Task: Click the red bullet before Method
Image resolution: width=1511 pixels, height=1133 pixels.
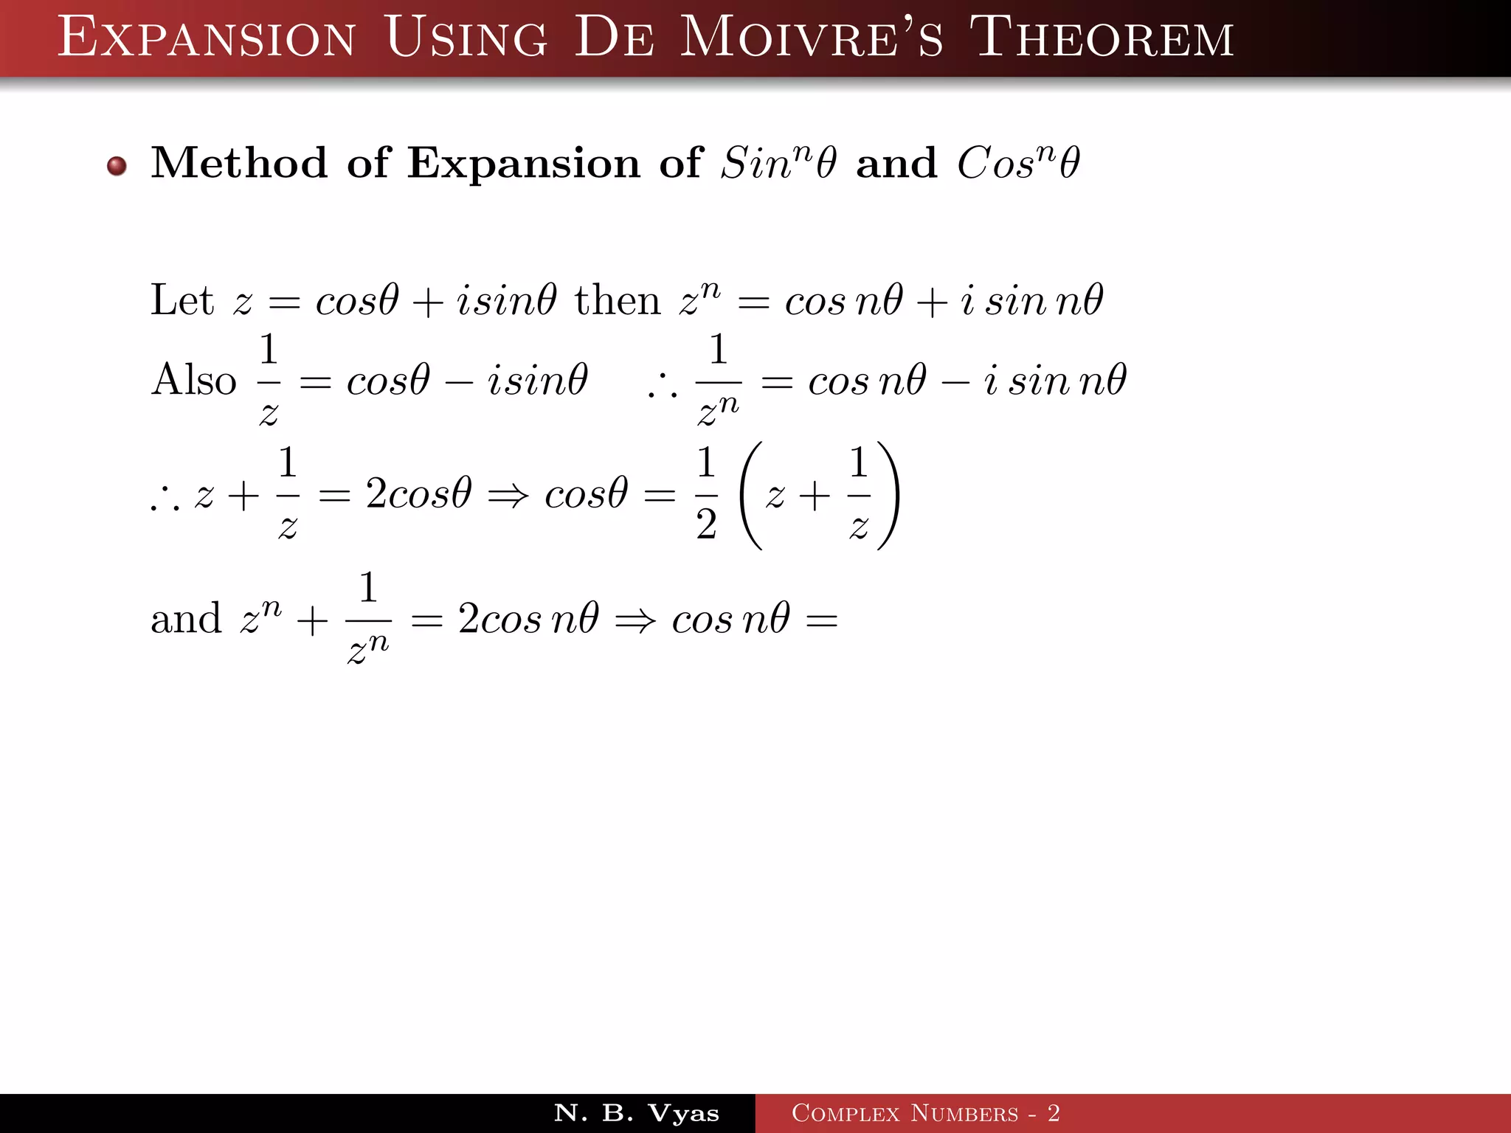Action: (117, 165)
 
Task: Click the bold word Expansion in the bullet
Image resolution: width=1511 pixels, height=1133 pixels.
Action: (523, 164)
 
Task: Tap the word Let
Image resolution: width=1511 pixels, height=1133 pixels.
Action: (181, 300)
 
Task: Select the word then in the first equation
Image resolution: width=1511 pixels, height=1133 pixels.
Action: (618, 301)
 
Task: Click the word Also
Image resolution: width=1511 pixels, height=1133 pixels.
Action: (193, 380)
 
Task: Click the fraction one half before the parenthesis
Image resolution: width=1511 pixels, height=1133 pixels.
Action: (706, 493)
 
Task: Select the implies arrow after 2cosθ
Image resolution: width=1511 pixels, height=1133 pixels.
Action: (508, 495)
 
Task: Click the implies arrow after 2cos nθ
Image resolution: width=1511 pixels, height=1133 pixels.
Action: (635, 620)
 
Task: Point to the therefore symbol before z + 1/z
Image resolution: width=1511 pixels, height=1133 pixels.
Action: (165, 502)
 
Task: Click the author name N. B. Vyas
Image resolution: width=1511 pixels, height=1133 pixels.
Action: (636, 1113)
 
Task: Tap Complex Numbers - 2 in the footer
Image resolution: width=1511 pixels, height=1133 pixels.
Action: (925, 1113)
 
